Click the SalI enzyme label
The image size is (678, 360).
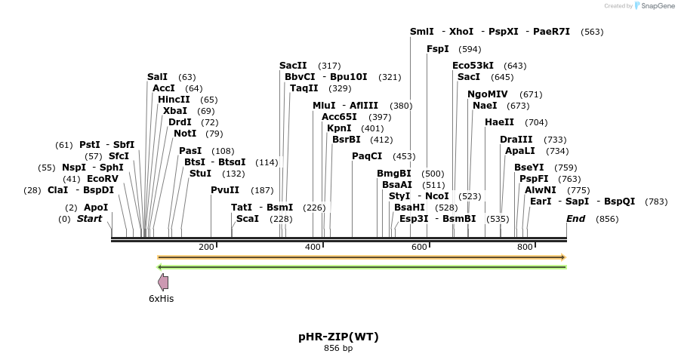pos(157,77)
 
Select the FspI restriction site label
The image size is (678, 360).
pos(438,49)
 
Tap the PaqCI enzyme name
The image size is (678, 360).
pos(367,156)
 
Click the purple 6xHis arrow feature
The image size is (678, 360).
pos(162,282)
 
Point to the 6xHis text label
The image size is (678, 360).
pos(161,299)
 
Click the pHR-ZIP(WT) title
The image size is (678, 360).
pos(338,337)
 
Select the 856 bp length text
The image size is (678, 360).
pos(338,349)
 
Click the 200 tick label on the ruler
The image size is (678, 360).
pos(206,247)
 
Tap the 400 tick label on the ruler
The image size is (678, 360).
pos(313,247)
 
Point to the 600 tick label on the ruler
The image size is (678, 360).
pos(419,247)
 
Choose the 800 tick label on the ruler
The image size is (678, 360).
pos(525,247)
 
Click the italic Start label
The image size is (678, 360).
pos(89,219)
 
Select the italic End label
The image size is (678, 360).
pos(576,219)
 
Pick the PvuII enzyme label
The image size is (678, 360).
pos(225,190)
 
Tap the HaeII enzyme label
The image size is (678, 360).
pos(499,122)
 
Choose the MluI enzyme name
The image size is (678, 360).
pos(324,106)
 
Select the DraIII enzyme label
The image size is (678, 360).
pos(516,140)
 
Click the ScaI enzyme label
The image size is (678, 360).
pos(248,219)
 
